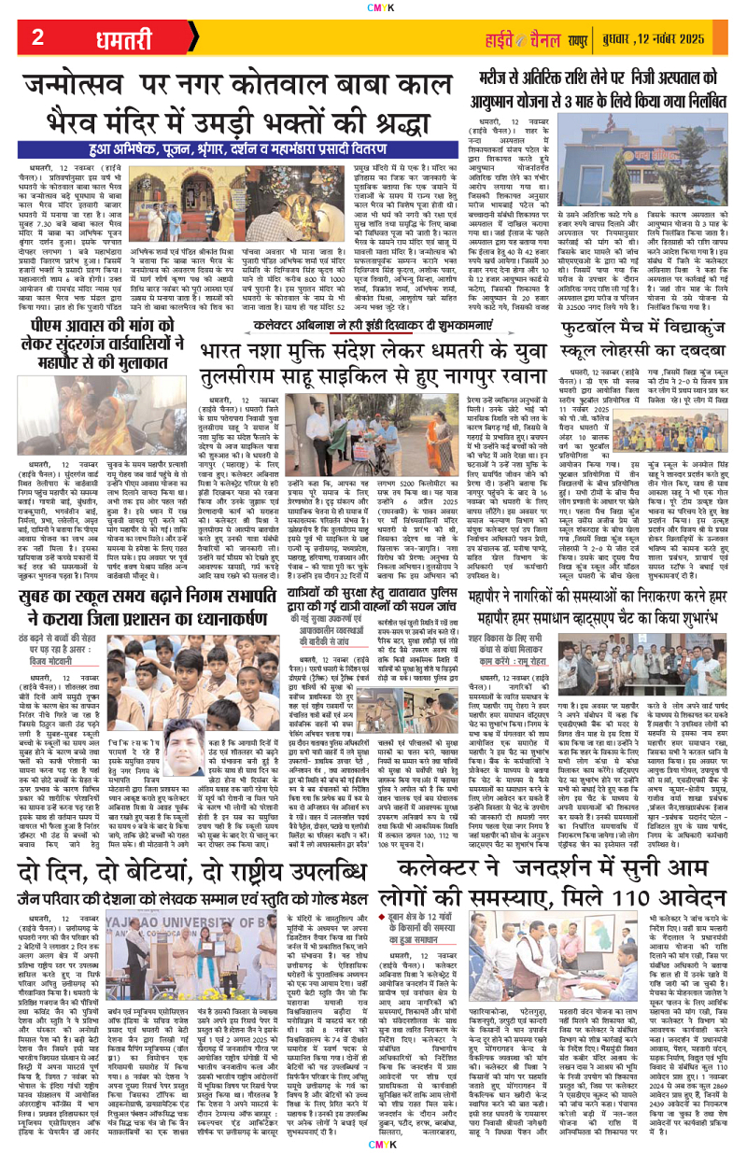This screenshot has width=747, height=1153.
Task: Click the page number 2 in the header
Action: [37, 38]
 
